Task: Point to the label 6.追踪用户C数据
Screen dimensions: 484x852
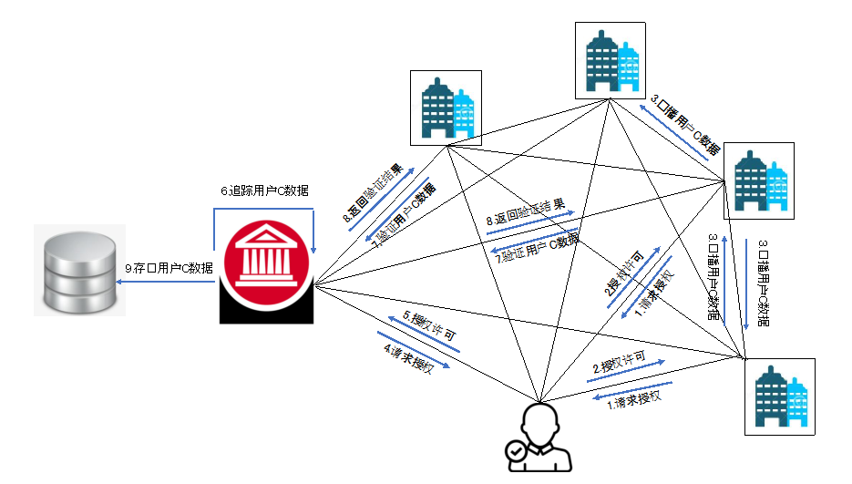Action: pos(264,191)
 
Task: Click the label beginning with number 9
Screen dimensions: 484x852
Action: pos(169,268)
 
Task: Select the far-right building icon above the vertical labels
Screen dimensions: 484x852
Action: pos(759,180)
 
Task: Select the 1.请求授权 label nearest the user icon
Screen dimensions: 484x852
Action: pos(634,398)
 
